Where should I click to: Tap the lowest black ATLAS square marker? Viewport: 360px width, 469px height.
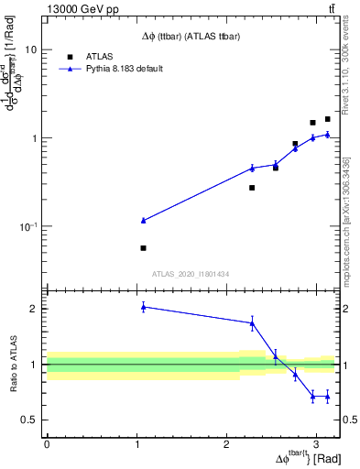point(144,248)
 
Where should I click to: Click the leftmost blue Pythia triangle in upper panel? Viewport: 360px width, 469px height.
point(144,221)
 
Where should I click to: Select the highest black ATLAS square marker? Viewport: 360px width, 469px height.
point(328,119)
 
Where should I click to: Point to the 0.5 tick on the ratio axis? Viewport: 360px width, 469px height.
point(28,420)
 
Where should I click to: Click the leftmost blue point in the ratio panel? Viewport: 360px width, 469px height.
point(144,307)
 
